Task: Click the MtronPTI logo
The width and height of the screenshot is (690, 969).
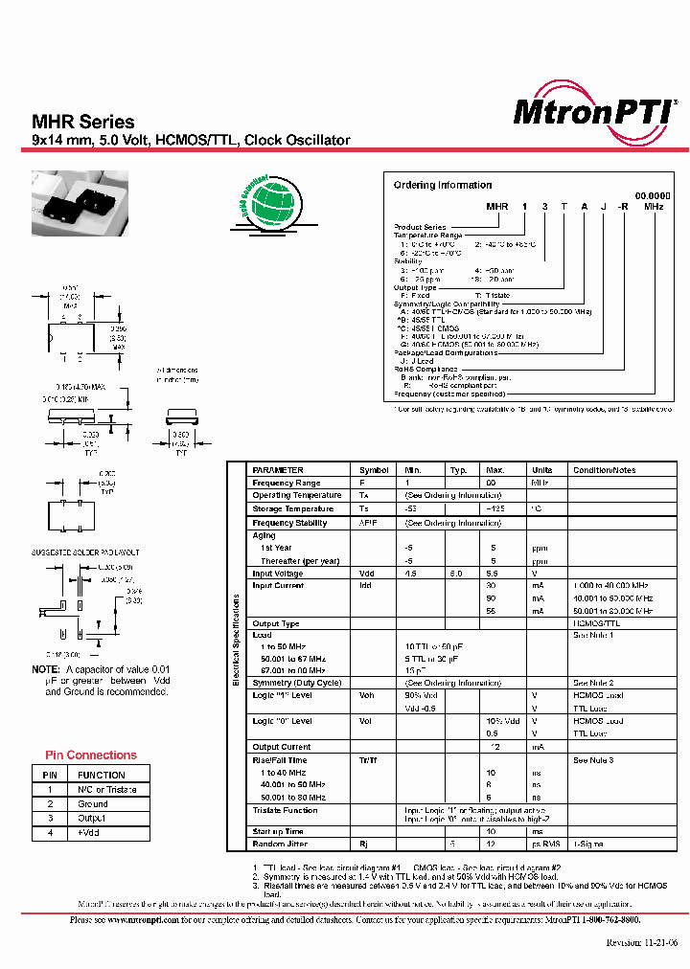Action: coord(594,112)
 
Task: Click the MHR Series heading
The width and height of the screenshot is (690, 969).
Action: coord(83,122)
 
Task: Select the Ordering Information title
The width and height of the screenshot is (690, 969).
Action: coord(442,185)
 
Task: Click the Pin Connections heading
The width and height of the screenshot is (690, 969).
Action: coord(91,755)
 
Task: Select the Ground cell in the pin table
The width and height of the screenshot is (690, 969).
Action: coord(93,804)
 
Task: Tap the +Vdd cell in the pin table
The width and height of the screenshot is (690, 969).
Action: coord(92,834)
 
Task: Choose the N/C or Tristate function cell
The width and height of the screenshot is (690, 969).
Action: coord(107,790)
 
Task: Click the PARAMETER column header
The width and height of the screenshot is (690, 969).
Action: coord(278,470)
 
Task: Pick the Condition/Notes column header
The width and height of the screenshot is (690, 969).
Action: coord(604,470)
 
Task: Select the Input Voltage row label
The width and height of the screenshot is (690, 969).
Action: coord(277,574)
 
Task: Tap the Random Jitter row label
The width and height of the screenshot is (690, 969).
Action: coord(277,845)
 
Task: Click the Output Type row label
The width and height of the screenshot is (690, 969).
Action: coord(276,623)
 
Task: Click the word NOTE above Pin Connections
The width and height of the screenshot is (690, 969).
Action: coord(45,669)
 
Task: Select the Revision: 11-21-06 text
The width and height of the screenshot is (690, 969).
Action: coord(642,941)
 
